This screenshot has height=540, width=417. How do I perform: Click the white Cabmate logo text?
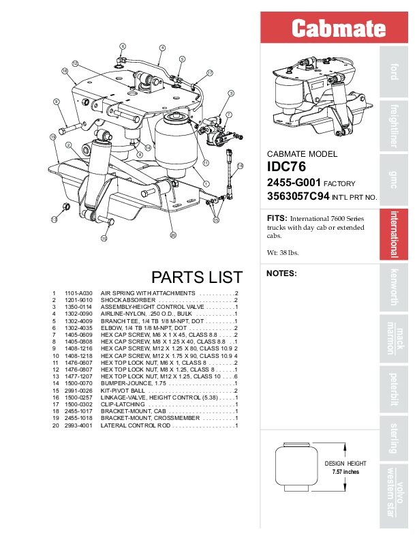click(x=338, y=28)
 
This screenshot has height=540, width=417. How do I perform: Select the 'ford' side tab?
click(x=394, y=71)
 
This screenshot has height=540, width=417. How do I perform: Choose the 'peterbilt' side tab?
click(x=393, y=386)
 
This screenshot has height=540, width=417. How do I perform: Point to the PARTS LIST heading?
click(x=196, y=277)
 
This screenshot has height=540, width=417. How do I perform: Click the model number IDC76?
click(x=286, y=166)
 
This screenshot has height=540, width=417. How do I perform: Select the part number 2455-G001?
click(x=292, y=183)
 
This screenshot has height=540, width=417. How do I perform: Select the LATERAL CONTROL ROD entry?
click(x=136, y=425)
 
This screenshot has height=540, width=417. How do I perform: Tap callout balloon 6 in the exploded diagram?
click(x=123, y=46)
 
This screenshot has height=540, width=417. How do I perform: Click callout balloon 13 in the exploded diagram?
click(x=53, y=220)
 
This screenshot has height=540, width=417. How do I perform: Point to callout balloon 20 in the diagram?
click(x=173, y=235)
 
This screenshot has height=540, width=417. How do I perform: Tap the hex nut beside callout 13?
click(x=66, y=207)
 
